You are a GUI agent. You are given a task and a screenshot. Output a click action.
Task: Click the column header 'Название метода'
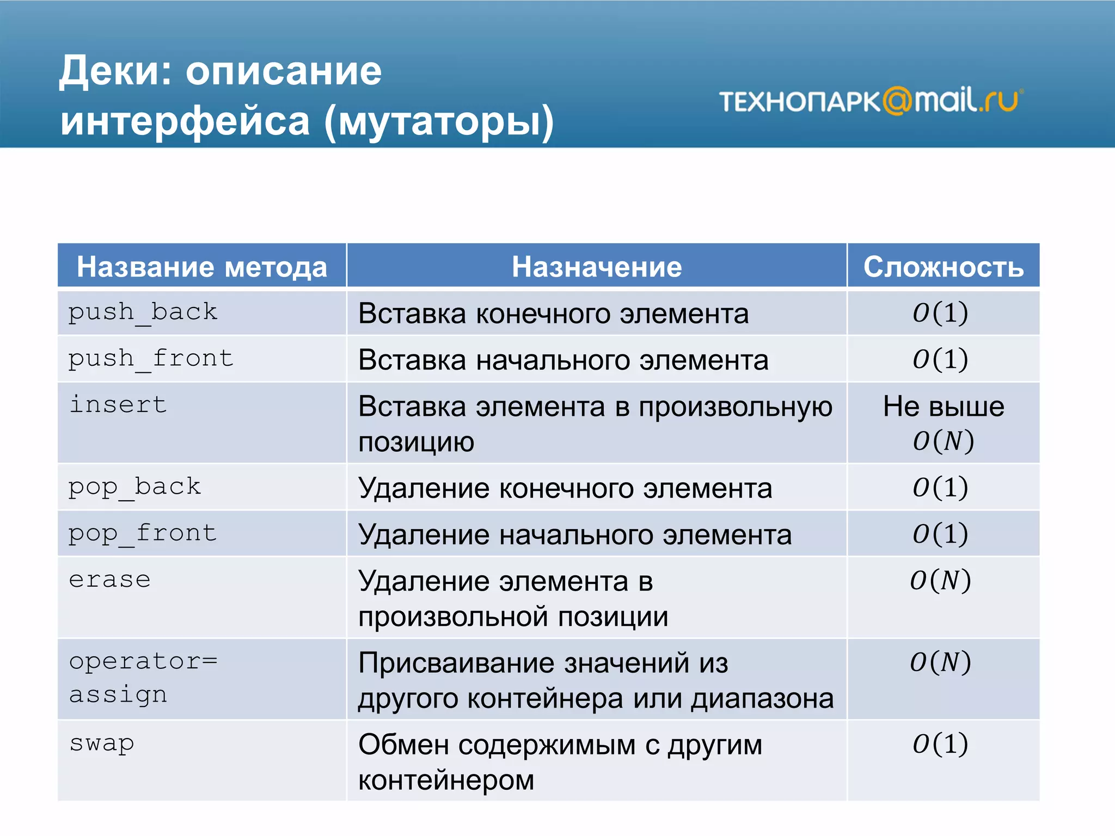[201, 267]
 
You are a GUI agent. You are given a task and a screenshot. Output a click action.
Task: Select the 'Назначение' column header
[596, 267]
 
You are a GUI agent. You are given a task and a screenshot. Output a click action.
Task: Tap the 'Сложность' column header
[943, 267]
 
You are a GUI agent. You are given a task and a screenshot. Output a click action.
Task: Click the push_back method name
[143, 312]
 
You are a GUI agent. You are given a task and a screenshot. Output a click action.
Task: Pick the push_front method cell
[151, 359]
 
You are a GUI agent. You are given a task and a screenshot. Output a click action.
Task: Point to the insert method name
[118, 405]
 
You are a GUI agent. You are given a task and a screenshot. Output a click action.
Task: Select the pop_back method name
[134, 487]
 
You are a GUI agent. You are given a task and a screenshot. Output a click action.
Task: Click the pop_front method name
[143, 533]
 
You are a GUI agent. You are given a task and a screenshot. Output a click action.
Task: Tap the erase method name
[109, 580]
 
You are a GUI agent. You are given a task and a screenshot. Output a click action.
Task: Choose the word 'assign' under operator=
[118, 694]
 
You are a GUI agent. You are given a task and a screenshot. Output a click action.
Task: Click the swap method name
[101, 743]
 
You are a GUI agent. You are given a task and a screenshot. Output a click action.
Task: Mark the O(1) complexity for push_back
[940, 312]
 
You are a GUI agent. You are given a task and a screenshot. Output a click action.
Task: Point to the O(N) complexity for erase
[940, 580]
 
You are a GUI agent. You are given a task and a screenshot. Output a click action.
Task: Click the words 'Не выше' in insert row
[943, 406]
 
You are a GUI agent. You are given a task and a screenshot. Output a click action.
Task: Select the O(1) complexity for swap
[940, 743]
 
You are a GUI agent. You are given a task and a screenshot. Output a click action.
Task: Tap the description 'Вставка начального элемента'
[563, 360]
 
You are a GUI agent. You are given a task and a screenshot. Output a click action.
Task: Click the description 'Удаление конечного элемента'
[565, 488]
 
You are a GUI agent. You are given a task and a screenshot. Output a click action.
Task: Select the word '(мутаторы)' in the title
[439, 121]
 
